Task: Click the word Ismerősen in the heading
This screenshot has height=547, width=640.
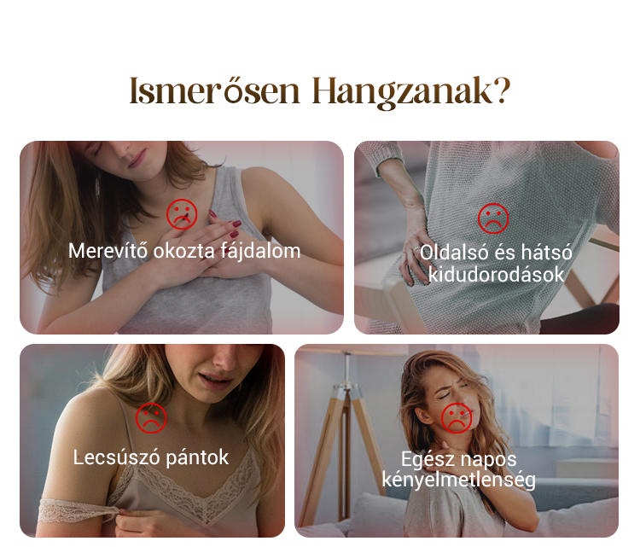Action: [x=215, y=90]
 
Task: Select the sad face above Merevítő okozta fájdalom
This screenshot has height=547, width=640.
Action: [x=182, y=214]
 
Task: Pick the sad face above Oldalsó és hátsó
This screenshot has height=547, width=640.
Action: [x=493, y=218]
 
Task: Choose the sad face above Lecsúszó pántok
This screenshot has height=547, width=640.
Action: [x=151, y=418]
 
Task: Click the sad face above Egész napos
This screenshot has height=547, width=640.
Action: [x=457, y=418]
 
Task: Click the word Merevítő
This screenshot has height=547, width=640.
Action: [x=108, y=251]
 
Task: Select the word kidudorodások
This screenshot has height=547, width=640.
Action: [x=496, y=274]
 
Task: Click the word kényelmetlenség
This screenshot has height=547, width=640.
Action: [x=458, y=480]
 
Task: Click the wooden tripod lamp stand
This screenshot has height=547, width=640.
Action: [x=347, y=441]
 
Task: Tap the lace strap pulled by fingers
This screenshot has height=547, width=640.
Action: [x=78, y=510]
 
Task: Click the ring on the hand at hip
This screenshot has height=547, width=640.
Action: [x=416, y=249]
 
